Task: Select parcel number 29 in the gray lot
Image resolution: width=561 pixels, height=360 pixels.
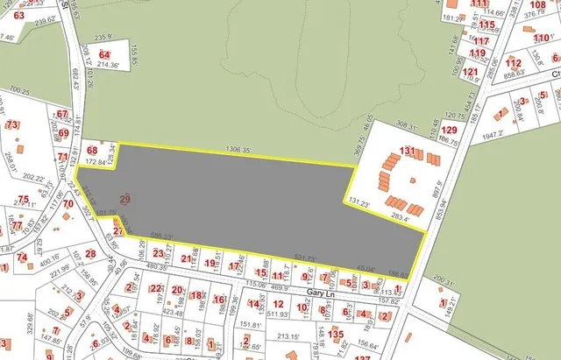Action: pos(124,200)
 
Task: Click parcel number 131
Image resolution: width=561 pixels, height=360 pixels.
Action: pos(407,152)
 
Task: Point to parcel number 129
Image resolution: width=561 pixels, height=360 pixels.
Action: pos(449,130)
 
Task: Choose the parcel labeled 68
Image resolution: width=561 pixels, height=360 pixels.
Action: pos(92,152)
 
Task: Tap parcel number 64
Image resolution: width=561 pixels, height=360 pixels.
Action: pos(105,55)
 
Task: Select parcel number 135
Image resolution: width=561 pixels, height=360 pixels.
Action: pos(336,334)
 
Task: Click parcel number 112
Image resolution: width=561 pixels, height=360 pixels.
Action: pos(514,63)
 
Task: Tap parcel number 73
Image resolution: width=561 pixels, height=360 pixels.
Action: pos(11,126)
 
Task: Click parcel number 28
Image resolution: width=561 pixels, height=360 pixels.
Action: pos(90,254)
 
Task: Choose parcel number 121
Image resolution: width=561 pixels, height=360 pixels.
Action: pos(471,72)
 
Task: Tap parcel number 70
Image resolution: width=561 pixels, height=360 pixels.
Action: pos(67,204)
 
